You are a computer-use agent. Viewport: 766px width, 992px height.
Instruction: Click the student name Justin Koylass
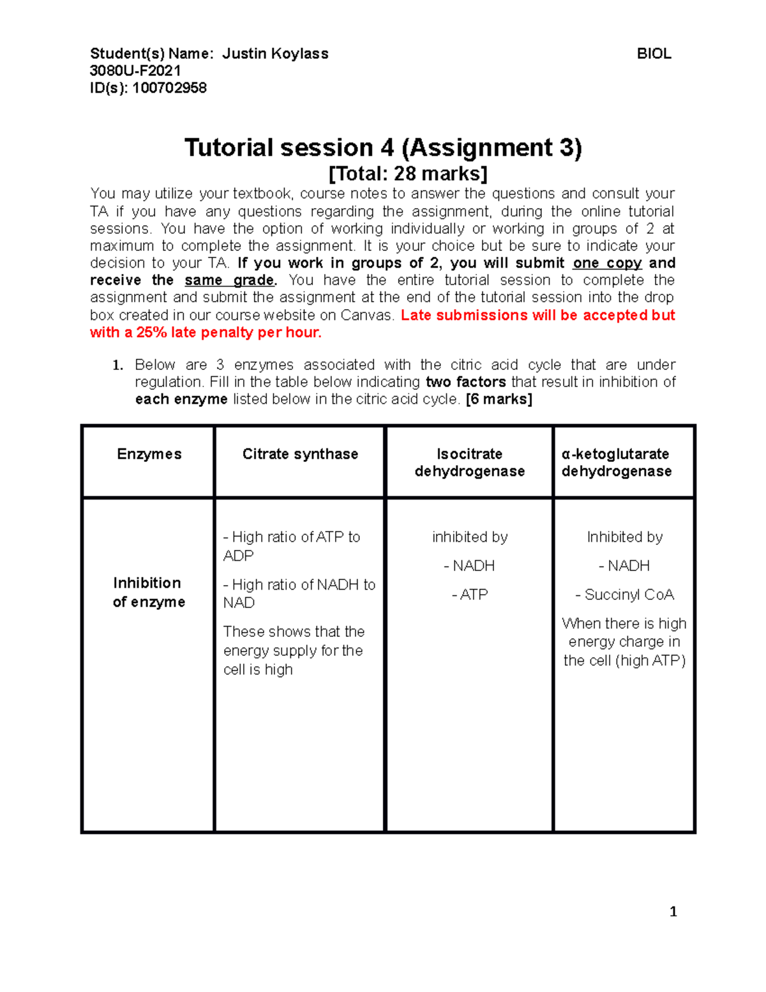(x=275, y=54)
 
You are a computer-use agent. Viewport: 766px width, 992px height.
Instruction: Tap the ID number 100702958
(x=169, y=88)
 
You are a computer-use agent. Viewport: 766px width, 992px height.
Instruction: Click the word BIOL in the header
(x=654, y=54)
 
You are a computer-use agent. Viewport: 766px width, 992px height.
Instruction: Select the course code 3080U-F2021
(x=135, y=71)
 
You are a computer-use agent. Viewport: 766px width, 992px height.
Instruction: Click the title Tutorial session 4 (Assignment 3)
(x=383, y=148)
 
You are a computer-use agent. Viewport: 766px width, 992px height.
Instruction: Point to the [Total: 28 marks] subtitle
(x=408, y=174)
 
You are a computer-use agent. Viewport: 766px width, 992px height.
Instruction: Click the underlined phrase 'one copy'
(x=607, y=263)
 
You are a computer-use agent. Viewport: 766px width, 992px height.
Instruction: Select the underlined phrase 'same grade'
(x=230, y=280)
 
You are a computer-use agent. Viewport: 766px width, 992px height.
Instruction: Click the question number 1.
(x=117, y=365)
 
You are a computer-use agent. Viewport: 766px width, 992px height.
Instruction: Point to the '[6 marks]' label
(x=499, y=399)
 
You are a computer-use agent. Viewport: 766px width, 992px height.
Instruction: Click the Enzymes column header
(x=149, y=454)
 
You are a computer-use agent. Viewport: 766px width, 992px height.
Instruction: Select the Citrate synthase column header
(x=300, y=454)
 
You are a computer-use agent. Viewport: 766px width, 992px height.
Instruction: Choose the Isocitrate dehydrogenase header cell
(x=470, y=462)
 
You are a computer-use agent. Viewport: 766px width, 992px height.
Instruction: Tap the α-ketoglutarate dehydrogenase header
(x=616, y=462)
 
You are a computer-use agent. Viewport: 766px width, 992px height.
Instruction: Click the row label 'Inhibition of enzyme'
(x=149, y=592)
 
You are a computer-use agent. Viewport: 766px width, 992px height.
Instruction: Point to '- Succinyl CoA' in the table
(x=624, y=595)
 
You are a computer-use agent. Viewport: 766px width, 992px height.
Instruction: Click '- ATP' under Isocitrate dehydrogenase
(x=470, y=595)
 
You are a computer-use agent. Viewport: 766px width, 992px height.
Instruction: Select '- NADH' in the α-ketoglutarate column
(x=624, y=566)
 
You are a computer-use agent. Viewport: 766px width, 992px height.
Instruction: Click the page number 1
(x=673, y=912)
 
